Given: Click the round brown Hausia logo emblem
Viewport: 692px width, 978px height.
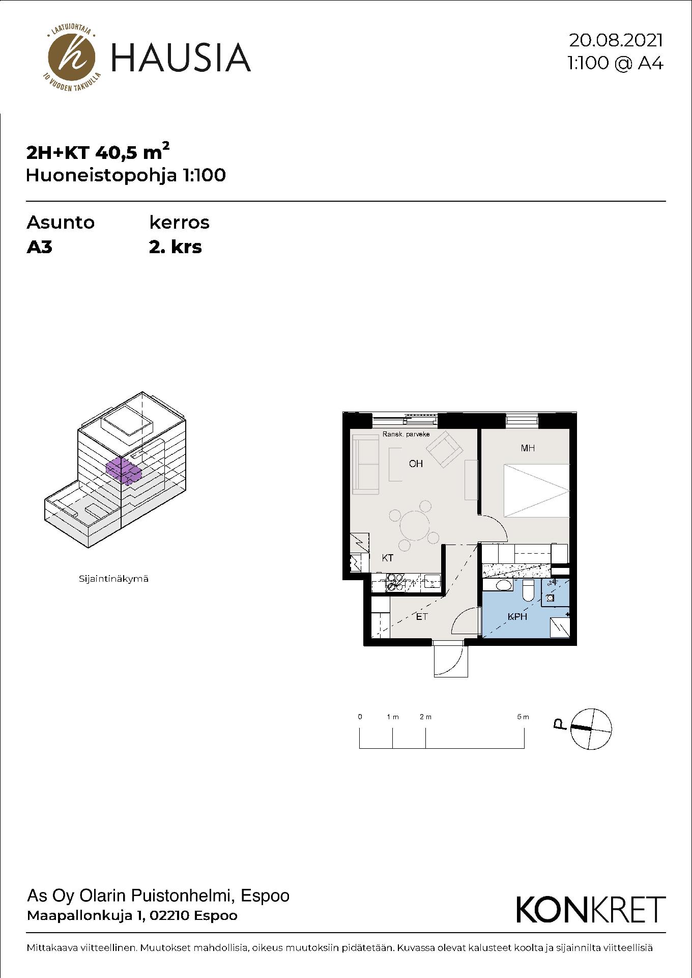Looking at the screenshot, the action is pos(71,57).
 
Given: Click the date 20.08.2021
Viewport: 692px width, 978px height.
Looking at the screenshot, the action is pos(616,40).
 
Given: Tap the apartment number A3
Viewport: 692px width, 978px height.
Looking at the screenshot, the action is pos(40,248).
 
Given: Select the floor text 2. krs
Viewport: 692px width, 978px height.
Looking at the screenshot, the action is pos(176,248).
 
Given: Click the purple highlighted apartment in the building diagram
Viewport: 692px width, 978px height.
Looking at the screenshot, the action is pos(123,470).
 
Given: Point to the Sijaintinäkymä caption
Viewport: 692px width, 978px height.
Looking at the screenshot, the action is pos(113,579).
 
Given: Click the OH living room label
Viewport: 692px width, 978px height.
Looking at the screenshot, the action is pos(416,464).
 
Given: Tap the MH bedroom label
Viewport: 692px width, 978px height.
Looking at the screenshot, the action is pos(528,448).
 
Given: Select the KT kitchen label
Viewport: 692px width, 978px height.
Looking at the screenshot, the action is pos(388,558).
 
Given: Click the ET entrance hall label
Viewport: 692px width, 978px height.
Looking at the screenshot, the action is pos(422,617).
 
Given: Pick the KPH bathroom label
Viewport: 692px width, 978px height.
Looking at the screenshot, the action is pos(517,617).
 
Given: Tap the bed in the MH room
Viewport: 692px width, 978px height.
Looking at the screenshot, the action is pos(536,491).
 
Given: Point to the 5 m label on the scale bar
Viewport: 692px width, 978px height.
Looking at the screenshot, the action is pos(523,717).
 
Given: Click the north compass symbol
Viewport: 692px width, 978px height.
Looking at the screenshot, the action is pos(591,729).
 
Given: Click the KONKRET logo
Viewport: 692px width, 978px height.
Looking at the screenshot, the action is pos(591,910).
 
